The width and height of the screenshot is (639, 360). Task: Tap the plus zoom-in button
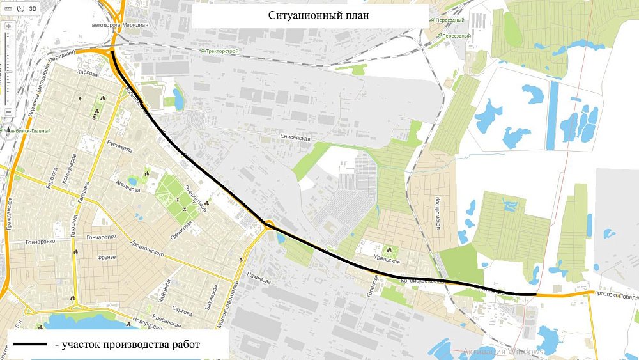(x=8, y=27)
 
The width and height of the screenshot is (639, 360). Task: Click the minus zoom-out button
(x=8, y=112)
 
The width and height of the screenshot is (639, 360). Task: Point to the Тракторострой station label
(x=221, y=50)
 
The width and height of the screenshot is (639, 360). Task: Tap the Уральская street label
(x=386, y=262)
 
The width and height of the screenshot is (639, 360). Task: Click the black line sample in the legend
(x=29, y=345)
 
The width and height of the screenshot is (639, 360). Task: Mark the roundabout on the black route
(x=268, y=224)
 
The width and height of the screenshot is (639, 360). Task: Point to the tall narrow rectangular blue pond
(x=553, y=115)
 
